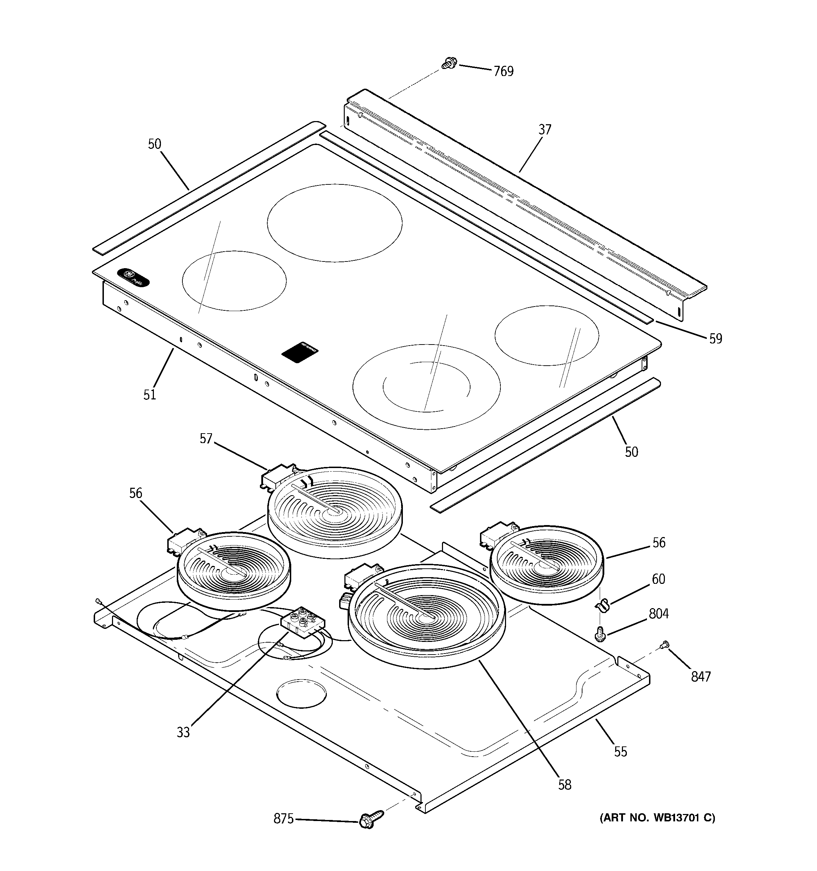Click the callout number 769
(504, 71)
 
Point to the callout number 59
(715, 338)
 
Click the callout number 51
(150, 395)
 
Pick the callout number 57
(206, 438)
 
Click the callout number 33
(183, 732)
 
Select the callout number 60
(658, 579)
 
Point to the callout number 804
(659, 614)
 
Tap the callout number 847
(700, 676)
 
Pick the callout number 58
(565, 785)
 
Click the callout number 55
(620, 752)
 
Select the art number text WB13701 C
(657, 818)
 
